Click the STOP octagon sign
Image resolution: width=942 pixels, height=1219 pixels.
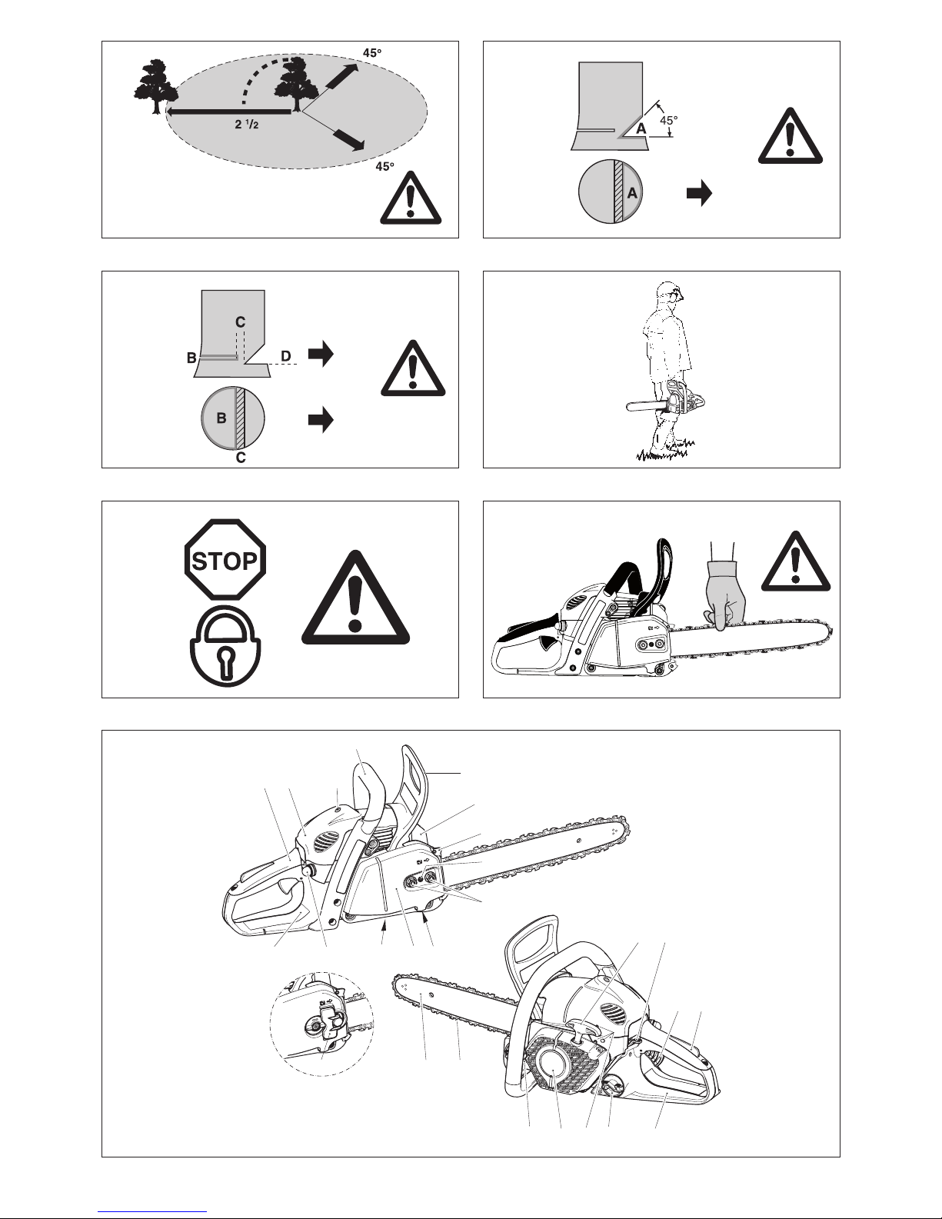click(x=225, y=560)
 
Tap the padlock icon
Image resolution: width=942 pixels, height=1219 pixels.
click(x=225, y=646)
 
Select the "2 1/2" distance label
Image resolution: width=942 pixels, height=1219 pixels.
click(x=247, y=124)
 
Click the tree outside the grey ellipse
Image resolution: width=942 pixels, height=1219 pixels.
click(x=155, y=86)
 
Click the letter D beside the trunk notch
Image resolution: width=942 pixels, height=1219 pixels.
click(x=286, y=356)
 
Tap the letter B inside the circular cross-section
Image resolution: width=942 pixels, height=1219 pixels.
click(x=221, y=418)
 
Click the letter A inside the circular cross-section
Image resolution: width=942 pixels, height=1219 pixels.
click(x=632, y=193)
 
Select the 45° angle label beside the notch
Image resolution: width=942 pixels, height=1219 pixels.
click(x=668, y=120)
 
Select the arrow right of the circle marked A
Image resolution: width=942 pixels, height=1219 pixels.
click(x=700, y=194)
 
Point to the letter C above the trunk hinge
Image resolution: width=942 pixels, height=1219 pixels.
click(x=240, y=322)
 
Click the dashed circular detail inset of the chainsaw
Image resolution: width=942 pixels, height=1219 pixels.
click(x=322, y=1024)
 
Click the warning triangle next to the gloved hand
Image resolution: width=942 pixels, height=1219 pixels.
click(x=796, y=561)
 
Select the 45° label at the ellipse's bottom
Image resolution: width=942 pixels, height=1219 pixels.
click(x=384, y=167)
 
